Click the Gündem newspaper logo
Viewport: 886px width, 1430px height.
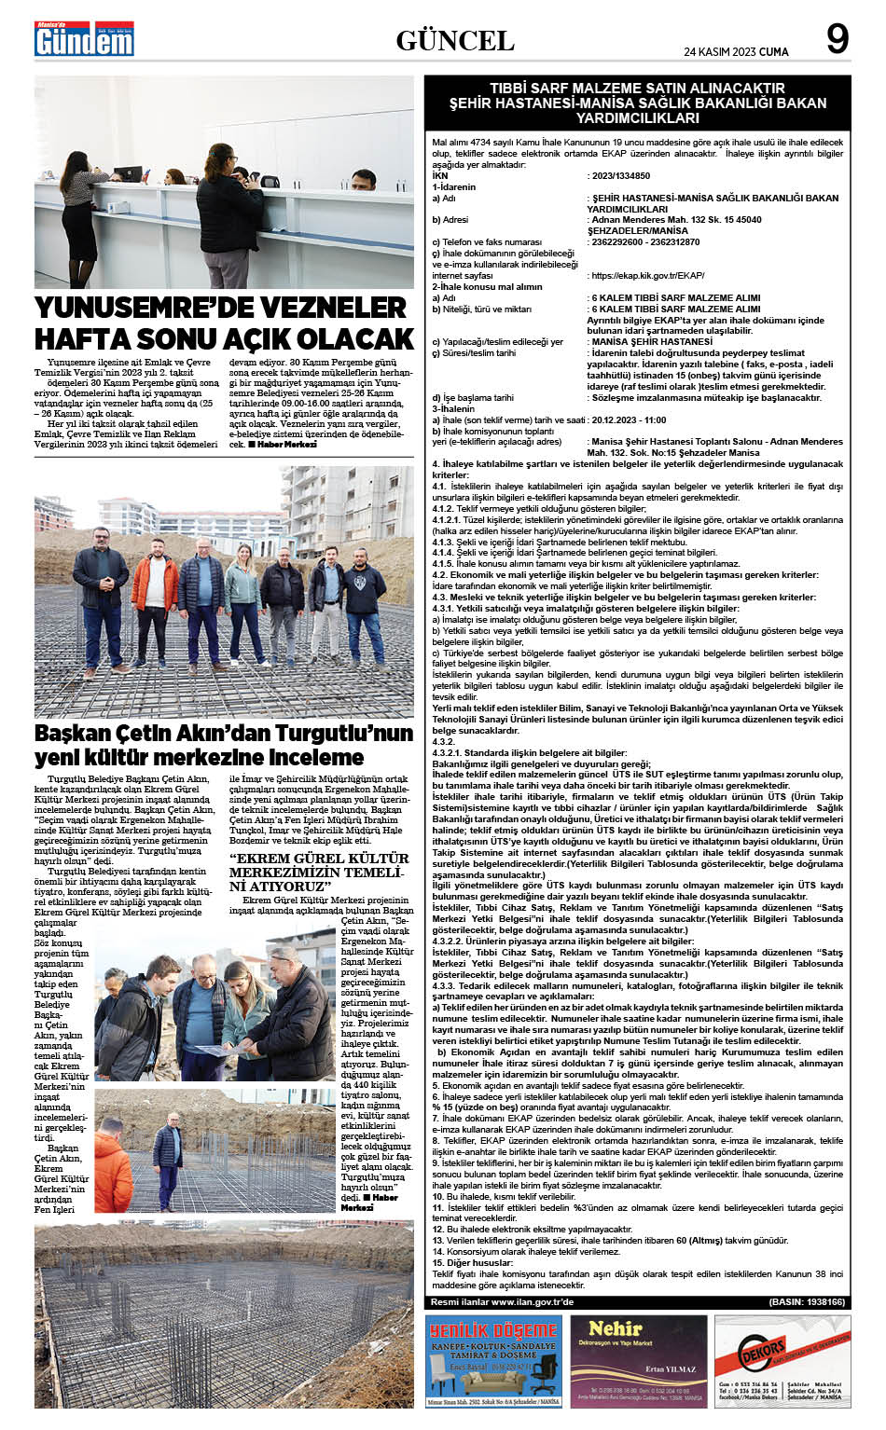(x=84, y=39)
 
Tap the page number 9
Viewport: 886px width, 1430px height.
(x=837, y=40)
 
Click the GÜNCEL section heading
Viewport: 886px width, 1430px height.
(x=455, y=41)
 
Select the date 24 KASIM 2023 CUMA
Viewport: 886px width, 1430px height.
(x=736, y=52)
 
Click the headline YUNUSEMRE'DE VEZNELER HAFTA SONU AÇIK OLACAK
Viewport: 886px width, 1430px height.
(x=224, y=323)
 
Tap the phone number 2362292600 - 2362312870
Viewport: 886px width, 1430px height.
(x=644, y=242)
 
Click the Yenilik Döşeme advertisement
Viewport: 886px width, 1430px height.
(x=493, y=1361)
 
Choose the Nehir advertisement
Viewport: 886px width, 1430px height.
(x=638, y=1361)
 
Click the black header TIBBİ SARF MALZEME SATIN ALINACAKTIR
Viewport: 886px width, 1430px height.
(x=637, y=103)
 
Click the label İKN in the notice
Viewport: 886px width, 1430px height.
(x=440, y=175)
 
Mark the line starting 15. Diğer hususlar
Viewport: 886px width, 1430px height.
(x=466, y=1262)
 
